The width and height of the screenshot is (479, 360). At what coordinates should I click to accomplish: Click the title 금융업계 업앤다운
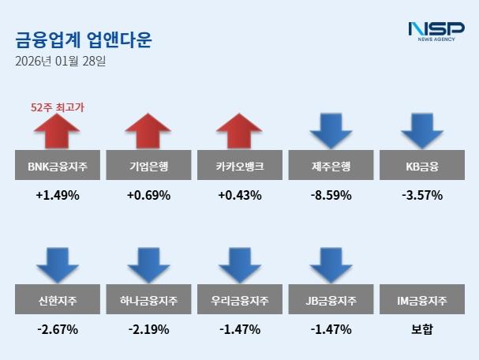[x=83, y=39]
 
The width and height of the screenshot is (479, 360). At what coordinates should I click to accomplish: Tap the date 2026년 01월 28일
[x=60, y=61]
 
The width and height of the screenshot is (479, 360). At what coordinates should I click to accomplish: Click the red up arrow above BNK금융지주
[x=57, y=131]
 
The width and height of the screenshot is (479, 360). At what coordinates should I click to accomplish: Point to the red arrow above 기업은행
[x=148, y=131]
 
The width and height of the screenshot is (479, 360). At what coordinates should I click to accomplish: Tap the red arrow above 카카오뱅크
[x=239, y=131]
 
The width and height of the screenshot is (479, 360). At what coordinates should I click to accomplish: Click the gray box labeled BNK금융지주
[x=57, y=166]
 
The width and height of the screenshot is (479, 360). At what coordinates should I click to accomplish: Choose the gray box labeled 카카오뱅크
[x=239, y=166]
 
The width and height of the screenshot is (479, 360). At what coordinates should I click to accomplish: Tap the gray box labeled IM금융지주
[x=421, y=301]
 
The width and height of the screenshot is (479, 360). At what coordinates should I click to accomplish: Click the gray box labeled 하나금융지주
[x=148, y=301]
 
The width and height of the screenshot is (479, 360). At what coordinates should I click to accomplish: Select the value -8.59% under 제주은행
[x=331, y=194]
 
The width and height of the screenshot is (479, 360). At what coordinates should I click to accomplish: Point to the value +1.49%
[x=57, y=194]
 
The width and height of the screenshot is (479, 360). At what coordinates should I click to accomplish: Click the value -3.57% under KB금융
[x=421, y=194]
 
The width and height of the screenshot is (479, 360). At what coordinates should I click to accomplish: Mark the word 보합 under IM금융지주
[x=421, y=329]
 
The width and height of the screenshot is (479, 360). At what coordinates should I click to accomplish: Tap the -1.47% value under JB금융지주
[x=331, y=329]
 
